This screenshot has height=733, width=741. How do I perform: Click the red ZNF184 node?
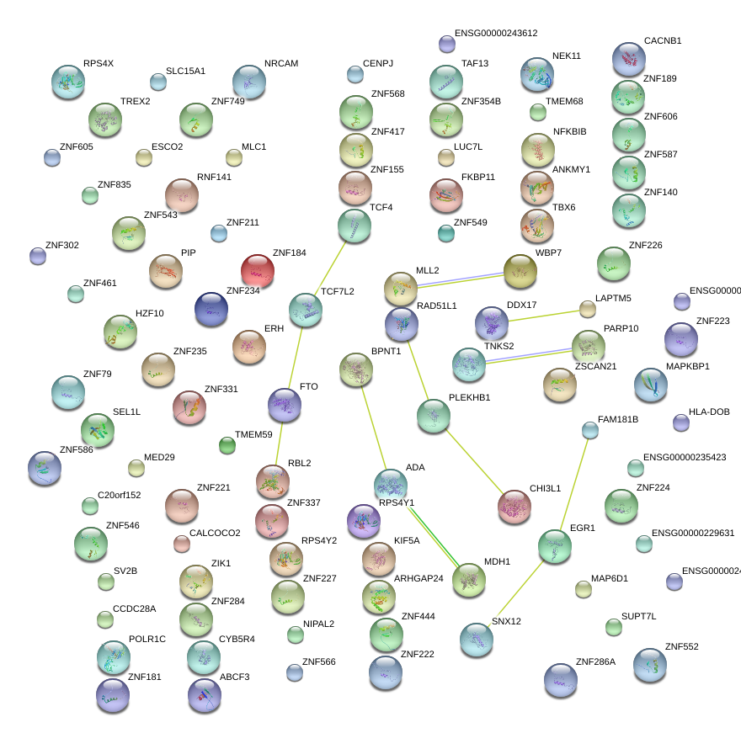[258, 271]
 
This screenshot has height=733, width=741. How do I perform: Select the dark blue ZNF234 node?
[211, 309]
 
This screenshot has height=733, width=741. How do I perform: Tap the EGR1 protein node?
[554, 545]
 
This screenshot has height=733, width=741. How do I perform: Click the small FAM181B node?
[590, 430]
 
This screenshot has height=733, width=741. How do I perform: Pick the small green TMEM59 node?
[227, 445]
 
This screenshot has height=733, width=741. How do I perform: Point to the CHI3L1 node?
[514, 505]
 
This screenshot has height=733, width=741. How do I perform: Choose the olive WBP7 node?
[520, 269]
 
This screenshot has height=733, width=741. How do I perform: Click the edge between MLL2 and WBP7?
[460, 279]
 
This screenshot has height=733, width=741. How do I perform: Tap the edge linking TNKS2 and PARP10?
[528, 354]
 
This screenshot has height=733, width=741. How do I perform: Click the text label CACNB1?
[663, 40]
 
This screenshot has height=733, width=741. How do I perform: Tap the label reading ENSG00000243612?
[495, 33]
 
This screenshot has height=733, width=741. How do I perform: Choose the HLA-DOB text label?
[709, 412]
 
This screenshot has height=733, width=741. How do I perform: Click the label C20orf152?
[120, 495]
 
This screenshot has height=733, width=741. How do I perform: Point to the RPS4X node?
[67, 81]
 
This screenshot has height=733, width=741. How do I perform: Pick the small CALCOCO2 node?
[182, 543]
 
